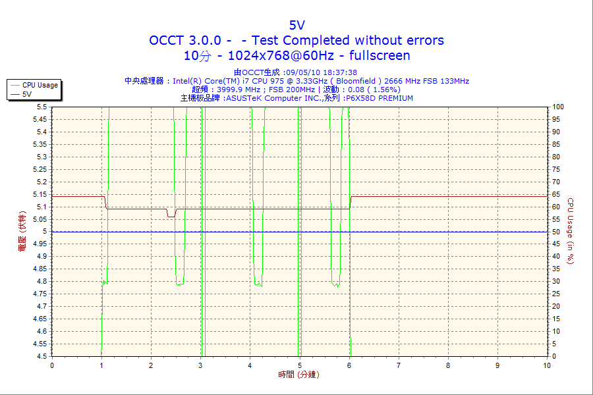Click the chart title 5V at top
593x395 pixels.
click(296, 25)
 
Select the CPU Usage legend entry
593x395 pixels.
click(40, 85)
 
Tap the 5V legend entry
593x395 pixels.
click(27, 94)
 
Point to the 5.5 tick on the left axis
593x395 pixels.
click(42, 107)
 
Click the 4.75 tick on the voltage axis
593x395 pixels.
click(40, 307)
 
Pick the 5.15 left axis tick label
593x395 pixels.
click(40, 194)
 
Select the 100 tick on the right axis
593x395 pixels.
click(557, 107)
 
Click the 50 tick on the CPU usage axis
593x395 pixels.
click(556, 232)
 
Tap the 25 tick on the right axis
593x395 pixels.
click(556, 294)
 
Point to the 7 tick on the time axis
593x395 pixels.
click(399, 365)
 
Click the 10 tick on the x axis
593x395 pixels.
click(547, 365)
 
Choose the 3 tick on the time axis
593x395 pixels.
click(200, 365)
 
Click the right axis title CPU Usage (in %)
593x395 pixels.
click(571, 231)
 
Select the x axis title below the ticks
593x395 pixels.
click(296, 375)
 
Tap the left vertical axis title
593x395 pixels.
click(22, 232)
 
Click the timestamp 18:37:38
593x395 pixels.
click(337, 72)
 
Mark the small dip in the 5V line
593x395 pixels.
click(171, 215)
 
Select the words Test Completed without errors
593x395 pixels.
click(348, 40)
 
